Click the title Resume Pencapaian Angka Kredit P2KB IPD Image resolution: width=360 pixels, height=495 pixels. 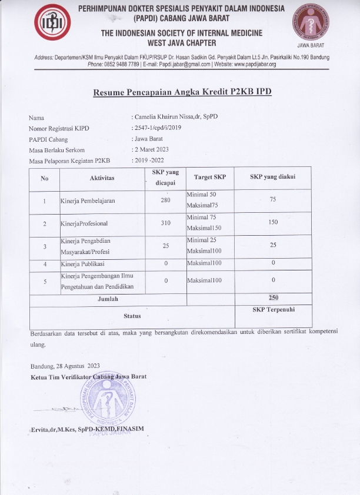[182, 92]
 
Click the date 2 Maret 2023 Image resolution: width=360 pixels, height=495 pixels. [152, 150]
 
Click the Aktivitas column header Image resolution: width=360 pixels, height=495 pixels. [102, 178]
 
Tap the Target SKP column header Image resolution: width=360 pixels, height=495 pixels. [210, 177]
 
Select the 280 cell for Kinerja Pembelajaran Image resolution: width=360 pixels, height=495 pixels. [165, 201]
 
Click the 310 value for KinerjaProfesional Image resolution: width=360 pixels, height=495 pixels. [165, 223]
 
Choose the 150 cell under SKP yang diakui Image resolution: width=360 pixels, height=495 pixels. [272, 222]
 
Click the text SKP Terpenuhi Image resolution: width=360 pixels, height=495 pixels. [272, 309]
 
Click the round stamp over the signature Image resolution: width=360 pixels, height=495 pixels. [129, 399]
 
